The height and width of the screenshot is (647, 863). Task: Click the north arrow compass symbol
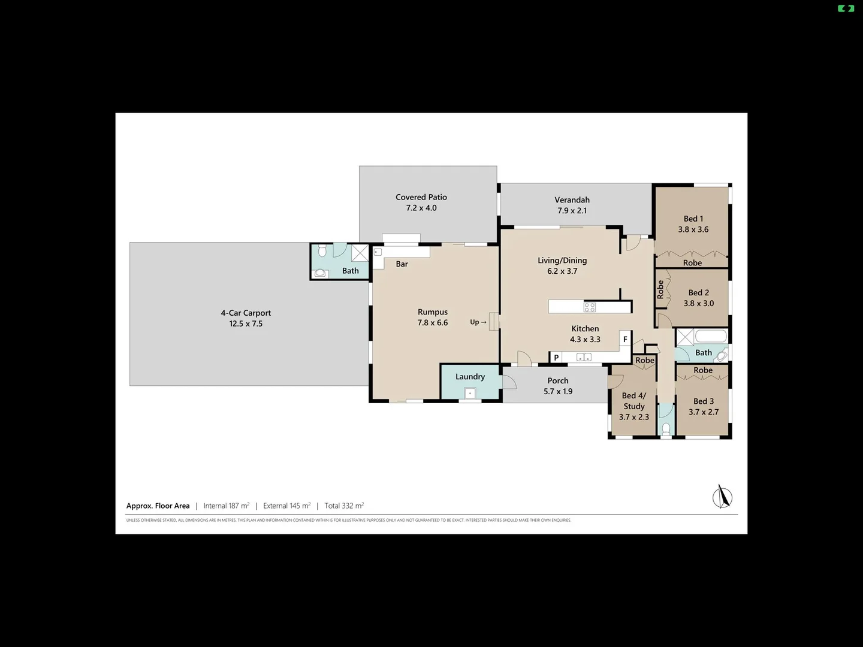click(722, 497)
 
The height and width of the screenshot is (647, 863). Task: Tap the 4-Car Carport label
click(246, 313)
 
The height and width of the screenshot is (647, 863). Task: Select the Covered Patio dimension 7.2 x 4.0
click(421, 208)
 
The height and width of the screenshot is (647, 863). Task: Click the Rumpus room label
click(433, 312)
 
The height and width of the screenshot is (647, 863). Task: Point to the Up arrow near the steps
click(478, 322)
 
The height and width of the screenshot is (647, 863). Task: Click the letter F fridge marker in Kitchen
click(625, 339)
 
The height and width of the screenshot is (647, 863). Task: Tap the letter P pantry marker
click(556, 358)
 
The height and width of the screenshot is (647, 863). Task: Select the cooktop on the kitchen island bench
click(590, 307)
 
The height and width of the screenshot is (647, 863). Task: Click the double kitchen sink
click(584, 358)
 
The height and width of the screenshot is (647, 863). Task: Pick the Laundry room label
click(470, 377)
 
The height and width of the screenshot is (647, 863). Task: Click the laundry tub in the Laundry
click(470, 394)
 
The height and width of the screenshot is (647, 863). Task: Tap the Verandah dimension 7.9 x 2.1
click(572, 211)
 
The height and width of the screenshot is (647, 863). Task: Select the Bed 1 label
click(693, 219)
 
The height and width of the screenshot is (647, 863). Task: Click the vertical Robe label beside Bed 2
click(660, 289)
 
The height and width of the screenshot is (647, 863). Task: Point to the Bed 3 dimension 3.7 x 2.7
click(704, 412)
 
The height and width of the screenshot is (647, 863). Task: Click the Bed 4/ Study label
click(634, 401)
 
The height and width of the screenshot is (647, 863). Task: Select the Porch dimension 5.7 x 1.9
click(558, 392)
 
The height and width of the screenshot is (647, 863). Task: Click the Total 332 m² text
click(344, 506)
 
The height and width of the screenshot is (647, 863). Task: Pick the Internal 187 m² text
click(226, 506)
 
